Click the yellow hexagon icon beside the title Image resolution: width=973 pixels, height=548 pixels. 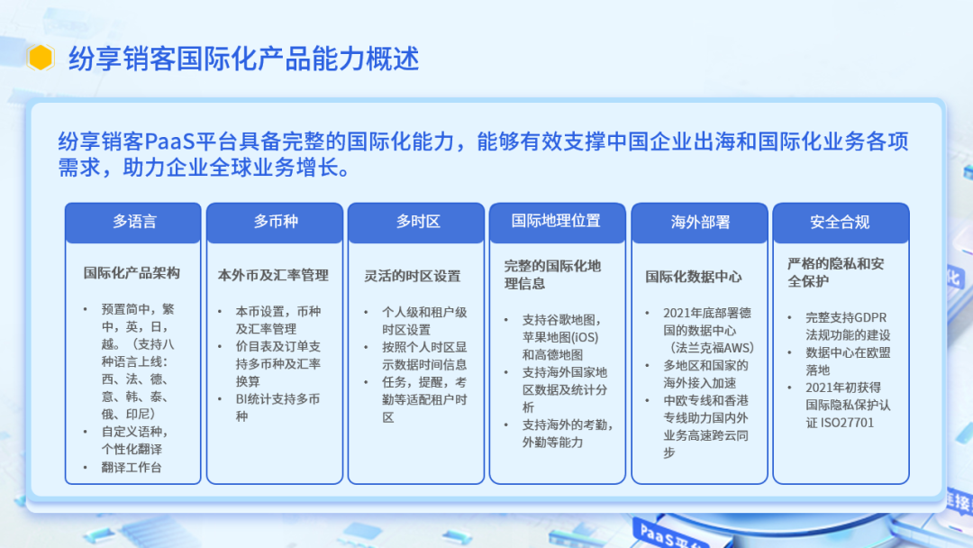[x=41, y=59]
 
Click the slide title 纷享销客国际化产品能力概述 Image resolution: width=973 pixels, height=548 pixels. [x=243, y=59]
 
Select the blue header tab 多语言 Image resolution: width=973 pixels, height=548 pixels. [x=134, y=222]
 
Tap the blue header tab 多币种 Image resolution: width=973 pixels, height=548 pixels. [x=275, y=222]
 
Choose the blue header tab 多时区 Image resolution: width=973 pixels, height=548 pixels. [x=417, y=222]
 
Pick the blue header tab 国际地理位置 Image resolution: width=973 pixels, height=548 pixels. [x=556, y=221]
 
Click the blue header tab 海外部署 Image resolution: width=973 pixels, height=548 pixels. [x=700, y=222]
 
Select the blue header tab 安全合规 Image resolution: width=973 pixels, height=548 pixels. [x=840, y=222]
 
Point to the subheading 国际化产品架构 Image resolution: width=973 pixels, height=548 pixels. [x=132, y=272]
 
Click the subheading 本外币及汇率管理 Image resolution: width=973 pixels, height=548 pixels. [x=273, y=275]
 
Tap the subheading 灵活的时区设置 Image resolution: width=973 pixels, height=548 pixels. [x=412, y=276]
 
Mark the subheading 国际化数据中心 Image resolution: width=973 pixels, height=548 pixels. [x=694, y=277]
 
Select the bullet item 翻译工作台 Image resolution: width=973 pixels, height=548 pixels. [x=138, y=467]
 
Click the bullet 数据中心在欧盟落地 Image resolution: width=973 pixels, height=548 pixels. [x=847, y=361]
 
